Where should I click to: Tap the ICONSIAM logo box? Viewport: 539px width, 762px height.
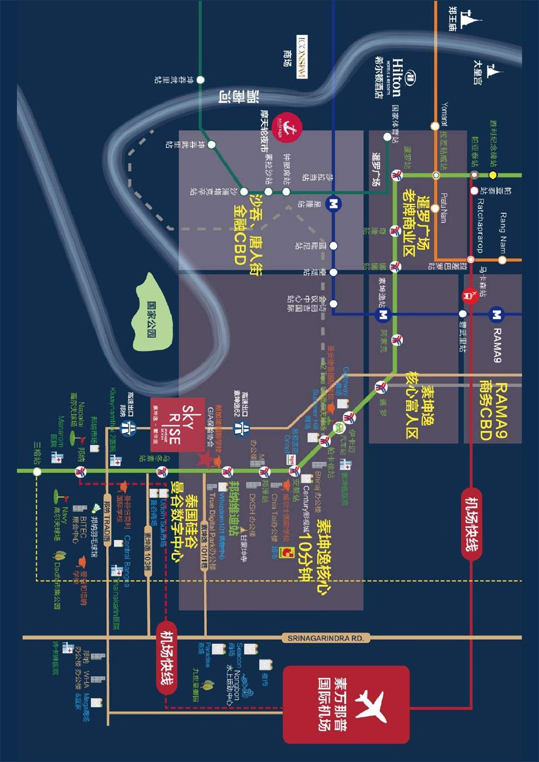302,57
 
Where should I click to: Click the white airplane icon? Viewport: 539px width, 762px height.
372,705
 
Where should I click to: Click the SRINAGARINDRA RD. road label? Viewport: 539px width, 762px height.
325,638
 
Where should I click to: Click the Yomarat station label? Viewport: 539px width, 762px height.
444,114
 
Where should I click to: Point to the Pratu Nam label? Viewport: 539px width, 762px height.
443,208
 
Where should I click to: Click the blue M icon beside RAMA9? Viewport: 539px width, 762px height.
497,314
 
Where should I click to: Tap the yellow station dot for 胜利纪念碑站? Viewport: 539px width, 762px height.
493,175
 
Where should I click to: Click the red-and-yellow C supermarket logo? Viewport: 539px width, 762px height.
285,552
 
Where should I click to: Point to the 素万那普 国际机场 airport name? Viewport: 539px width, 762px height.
332,705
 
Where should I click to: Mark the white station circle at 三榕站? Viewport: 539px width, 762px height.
37,471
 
